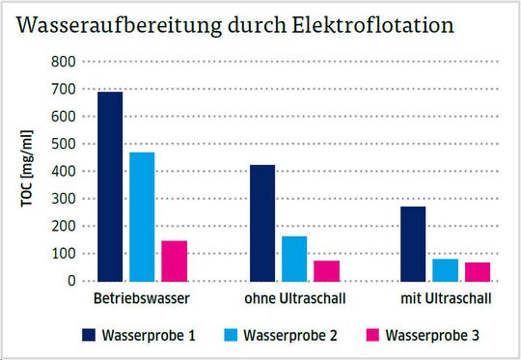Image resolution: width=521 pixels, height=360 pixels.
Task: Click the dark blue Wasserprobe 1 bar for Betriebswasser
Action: (x=110, y=186)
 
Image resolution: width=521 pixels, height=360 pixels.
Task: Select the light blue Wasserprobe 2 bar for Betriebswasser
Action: (x=142, y=216)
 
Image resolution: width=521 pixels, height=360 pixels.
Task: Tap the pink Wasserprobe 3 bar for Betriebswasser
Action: (x=174, y=261)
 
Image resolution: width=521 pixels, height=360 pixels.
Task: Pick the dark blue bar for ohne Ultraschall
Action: (x=262, y=223)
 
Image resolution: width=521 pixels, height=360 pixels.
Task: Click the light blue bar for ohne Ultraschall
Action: (x=294, y=258)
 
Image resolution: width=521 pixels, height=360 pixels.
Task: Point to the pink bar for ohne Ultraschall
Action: (x=326, y=270)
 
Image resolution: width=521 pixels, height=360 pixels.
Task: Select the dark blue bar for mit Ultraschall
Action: (x=414, y=243)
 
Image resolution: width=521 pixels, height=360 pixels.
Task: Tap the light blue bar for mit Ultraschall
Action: (x=446, y=269)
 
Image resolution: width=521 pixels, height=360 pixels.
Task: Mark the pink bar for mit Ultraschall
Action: (x=478, y=271)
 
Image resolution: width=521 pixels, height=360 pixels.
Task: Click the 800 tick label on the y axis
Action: (x=64, y=62)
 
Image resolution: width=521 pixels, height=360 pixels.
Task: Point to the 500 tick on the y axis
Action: (x=64, y=144)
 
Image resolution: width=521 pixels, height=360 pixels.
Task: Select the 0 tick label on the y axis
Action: (x=71, y=281)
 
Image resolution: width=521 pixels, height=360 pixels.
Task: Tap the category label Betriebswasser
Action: (x=142, y=297)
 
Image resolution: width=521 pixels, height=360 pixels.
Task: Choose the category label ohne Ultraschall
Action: (x=293, y=297)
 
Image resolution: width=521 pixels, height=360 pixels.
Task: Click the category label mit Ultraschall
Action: (x=446, y=297)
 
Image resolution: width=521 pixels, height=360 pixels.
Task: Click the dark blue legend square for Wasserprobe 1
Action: (x=92, y=336)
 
